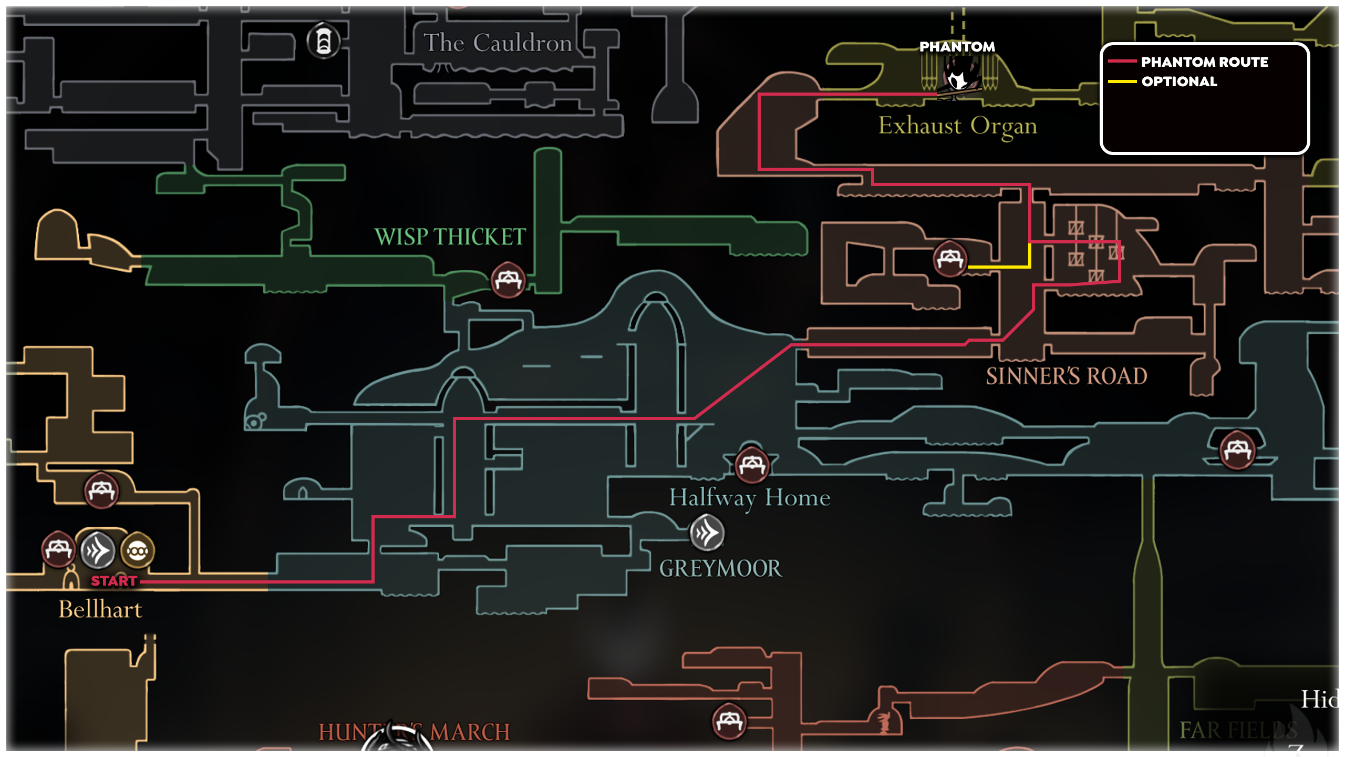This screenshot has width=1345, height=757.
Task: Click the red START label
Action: (114, 581)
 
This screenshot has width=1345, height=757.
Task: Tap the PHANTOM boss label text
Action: (957, 47)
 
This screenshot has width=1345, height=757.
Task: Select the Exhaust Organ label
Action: (957, 126)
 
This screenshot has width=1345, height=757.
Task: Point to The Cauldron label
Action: (498, 43)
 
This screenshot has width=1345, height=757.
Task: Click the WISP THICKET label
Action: (450, 237)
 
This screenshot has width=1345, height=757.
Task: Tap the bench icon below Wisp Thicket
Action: (508, 280)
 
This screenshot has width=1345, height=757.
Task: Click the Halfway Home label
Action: (749, 498)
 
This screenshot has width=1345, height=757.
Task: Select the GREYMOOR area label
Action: (720, 569)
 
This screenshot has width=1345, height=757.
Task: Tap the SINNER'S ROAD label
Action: (1066, 376)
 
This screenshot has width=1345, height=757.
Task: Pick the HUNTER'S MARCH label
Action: (414, 732)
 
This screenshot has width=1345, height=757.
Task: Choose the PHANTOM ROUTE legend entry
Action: (1204, 62)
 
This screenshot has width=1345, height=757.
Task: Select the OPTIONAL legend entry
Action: (1179, 81)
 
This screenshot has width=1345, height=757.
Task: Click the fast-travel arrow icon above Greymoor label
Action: (707, 533)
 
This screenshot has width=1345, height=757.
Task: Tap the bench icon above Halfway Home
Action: (752, 465)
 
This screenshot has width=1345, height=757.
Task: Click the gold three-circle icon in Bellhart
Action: (137, 551)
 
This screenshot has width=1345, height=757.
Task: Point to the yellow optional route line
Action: (998, 267)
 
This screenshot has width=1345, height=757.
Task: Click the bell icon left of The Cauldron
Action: (323, 41)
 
